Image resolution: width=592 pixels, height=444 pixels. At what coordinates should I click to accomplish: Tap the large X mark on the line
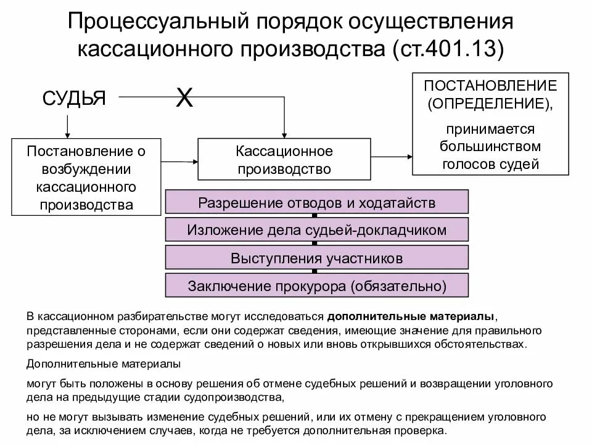tap(184, 97)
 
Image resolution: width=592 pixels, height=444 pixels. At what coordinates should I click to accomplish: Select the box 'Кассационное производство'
tap(284, 160)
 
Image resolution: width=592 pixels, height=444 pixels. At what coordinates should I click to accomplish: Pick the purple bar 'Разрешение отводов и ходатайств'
tap(317, 203)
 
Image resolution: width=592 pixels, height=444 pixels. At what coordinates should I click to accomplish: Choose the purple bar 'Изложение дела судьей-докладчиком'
tap(317, 230)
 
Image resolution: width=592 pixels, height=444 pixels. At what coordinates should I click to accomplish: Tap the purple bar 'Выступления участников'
tap(317, 257)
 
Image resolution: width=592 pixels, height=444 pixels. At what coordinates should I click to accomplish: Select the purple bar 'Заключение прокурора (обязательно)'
tap(317, 285)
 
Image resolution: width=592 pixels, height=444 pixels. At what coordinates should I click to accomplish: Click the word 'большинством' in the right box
tap(491, 147)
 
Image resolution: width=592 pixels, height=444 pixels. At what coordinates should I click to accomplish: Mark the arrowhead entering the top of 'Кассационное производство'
tap(284, 134)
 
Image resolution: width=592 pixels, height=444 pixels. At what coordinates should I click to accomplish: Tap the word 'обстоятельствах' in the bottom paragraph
tap(490, 345)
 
